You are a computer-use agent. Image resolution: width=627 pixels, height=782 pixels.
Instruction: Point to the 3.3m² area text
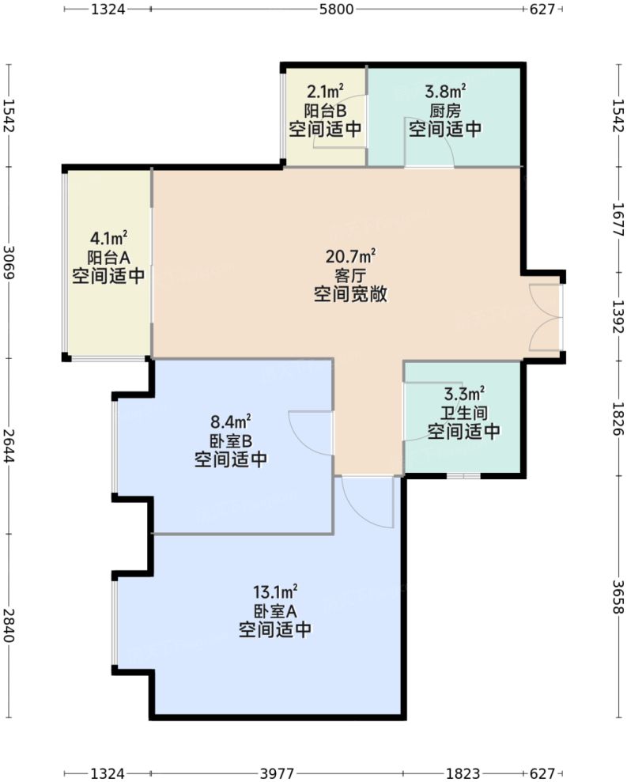click(x=464, y=393)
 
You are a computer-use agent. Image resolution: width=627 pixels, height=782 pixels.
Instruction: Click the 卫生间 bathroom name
click(x=464, y=412)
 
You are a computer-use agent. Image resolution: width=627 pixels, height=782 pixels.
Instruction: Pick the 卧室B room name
click(x=230, y=440)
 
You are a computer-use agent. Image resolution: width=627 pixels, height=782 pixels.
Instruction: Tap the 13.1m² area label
click(x=274, y=591)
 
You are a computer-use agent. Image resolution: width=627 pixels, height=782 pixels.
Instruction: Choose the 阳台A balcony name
click(x=108, y=256)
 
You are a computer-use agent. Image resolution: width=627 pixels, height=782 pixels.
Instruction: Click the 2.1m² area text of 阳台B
click(x=325, y=92)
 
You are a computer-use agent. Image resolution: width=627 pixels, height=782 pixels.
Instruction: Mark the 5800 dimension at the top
click(x=336, y=9)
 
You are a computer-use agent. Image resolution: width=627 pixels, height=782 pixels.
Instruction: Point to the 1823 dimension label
click(x=463, y=773)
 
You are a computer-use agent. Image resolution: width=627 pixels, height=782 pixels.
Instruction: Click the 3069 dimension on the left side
click(x=9, y=262)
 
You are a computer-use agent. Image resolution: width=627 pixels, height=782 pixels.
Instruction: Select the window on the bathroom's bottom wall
click(x=462, y=476)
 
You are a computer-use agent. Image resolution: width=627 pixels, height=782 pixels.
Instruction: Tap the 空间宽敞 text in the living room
click(x=350, y=295)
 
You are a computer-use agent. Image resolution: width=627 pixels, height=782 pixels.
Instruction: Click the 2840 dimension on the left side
click(x=9, y=625)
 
